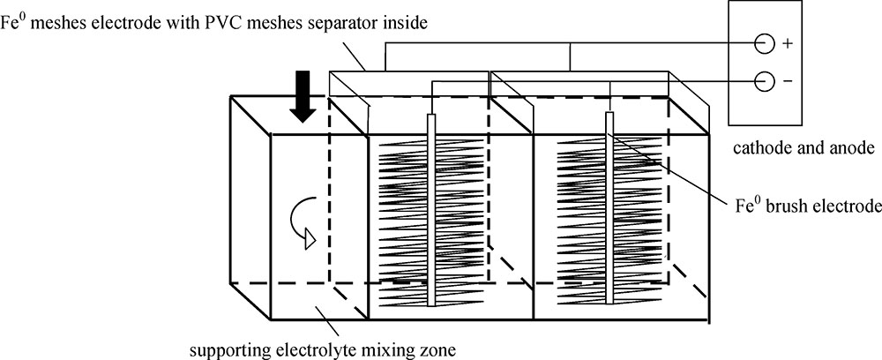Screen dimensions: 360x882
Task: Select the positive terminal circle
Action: pos(764,41)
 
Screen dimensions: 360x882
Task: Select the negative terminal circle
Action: pos(764,81)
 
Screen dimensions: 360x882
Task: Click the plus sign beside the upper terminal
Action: pos(788,41)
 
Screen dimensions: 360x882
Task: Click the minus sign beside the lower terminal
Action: pos(788,81)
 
